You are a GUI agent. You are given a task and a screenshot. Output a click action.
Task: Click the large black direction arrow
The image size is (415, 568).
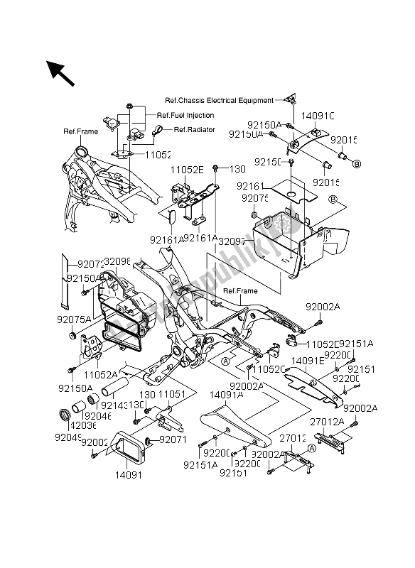[60, 72]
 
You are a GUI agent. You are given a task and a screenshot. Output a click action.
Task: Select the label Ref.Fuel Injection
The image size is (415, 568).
[185, 116]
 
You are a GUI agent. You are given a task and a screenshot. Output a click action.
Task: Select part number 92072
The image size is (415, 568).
[85, 263]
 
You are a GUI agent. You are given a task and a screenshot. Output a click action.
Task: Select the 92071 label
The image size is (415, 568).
[171, 441]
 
